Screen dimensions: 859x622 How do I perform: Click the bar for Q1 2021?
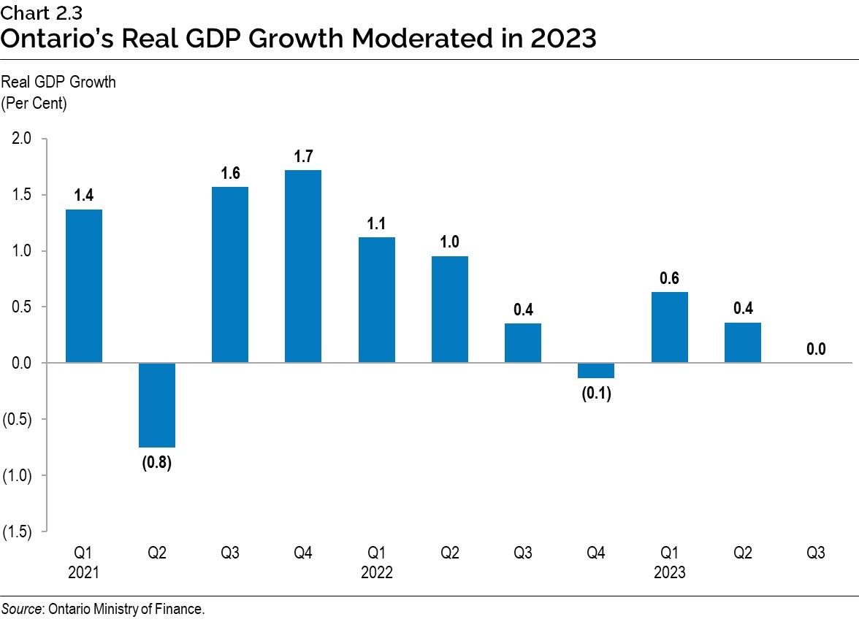(x=84, y=286)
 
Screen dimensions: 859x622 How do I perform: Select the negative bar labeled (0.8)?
(x=157, y=405)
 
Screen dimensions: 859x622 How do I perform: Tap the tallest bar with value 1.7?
(x=303, y=266)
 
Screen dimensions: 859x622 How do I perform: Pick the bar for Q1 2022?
(x=377, y=300)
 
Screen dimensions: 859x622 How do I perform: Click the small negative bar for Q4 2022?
(x=596, y=370)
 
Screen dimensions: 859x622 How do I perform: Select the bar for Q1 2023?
(x=669, y=327)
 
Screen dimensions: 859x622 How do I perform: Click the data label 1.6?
(x=230, y=174)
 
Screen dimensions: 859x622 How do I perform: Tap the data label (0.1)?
(x=596, y=394)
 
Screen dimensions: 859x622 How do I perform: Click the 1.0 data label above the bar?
(x=450, y=243)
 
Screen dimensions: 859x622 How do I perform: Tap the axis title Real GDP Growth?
(x=58, y=82)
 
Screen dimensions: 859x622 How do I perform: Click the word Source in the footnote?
(x=21, y=609)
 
